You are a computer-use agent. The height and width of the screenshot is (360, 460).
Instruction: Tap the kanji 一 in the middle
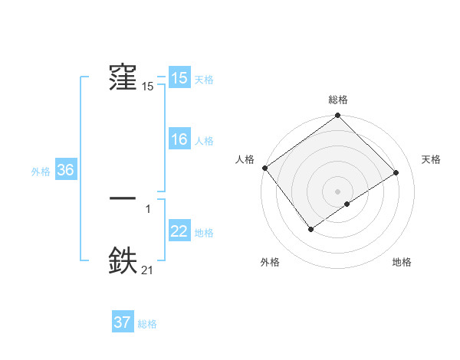point(123,198)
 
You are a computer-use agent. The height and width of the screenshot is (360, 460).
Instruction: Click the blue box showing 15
point(179,78)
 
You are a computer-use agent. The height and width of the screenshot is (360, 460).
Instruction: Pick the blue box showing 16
point(179,139)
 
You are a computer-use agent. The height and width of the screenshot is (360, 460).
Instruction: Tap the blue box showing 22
point(179,231)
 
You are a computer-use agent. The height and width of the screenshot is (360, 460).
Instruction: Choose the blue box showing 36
point(65,170)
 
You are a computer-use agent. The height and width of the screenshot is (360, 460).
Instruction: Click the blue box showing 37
point(123,322)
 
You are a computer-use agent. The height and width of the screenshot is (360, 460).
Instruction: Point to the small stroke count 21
point(148,269)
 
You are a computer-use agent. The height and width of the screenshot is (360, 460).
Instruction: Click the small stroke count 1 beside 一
point(148,208)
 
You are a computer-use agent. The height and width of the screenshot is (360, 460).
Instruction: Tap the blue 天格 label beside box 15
point(204,79)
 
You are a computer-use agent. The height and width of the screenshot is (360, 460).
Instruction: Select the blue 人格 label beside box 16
point(204,140)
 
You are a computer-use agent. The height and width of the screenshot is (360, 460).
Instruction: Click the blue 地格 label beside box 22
point(204,232)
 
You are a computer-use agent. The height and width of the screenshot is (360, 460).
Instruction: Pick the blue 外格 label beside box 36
point(41,171)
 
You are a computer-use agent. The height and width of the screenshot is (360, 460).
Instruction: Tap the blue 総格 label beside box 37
point(147,323)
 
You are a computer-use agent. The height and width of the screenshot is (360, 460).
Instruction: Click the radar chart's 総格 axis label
point(337,100)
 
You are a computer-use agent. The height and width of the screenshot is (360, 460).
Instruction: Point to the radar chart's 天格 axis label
point(431,159)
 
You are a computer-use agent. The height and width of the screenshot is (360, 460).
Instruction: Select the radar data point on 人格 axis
point(264,168)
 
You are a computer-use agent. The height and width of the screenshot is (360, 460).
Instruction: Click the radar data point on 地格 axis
point(347,204)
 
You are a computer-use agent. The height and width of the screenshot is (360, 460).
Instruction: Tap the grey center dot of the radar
point(337,191)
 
